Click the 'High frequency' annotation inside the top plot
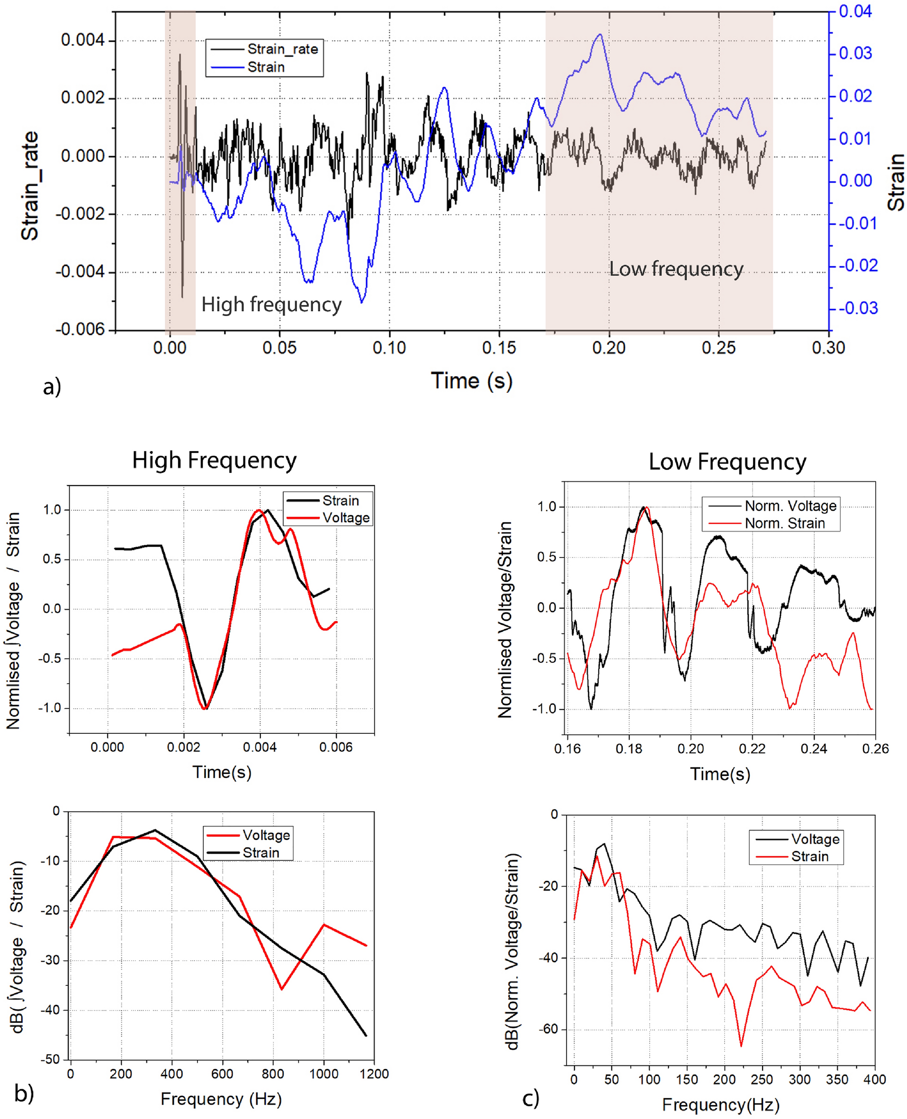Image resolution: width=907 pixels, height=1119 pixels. [271, 304]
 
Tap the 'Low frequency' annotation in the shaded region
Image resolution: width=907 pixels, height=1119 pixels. [675, 269]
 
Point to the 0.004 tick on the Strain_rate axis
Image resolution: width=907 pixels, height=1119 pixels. [82, 40]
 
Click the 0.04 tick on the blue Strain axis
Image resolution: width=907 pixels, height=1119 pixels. [855, 11]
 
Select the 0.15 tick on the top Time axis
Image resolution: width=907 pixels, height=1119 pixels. [499, 348]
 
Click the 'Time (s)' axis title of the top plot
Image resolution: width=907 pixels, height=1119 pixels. [471, 380]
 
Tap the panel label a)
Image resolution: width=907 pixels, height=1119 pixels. [52, 387]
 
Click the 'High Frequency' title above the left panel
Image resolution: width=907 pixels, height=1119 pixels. [214, 460]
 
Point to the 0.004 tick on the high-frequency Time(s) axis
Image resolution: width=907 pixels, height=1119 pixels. [260, 748]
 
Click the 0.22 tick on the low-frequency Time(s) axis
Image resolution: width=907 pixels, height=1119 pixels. [752, 749]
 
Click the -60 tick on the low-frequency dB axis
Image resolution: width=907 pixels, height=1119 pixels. [549, 1029]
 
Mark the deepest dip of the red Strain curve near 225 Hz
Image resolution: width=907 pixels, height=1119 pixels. [741, 1046]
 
